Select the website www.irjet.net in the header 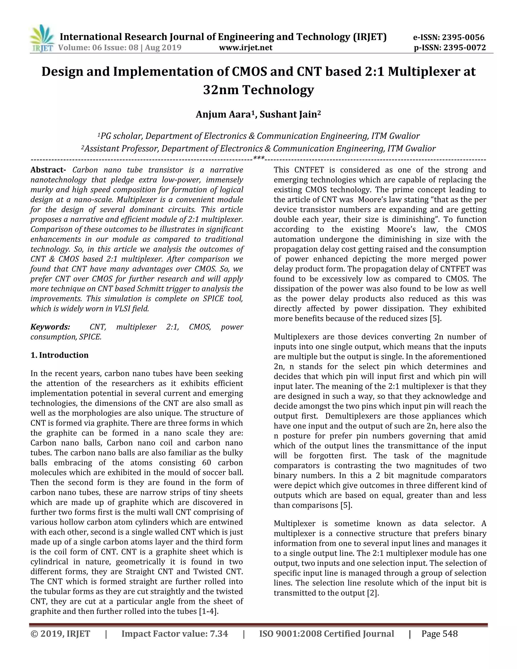point(246,47)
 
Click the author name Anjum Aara point(223,115)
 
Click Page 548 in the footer point(439,634)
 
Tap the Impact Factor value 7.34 point(219,634)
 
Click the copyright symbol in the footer point(34,634)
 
